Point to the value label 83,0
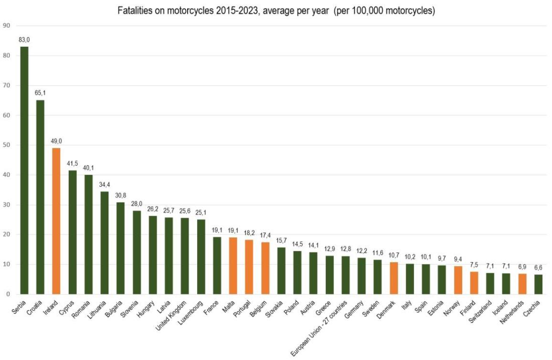[x=24, y=40]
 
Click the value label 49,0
[x=56, y=141]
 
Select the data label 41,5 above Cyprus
[x=72, y=164]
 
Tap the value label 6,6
[x=538, y=268]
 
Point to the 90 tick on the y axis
[x=6, y=26]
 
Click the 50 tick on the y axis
[x=6, y=145]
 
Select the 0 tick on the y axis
[x=8, y=294]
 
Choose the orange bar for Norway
[x=458, y=280]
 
